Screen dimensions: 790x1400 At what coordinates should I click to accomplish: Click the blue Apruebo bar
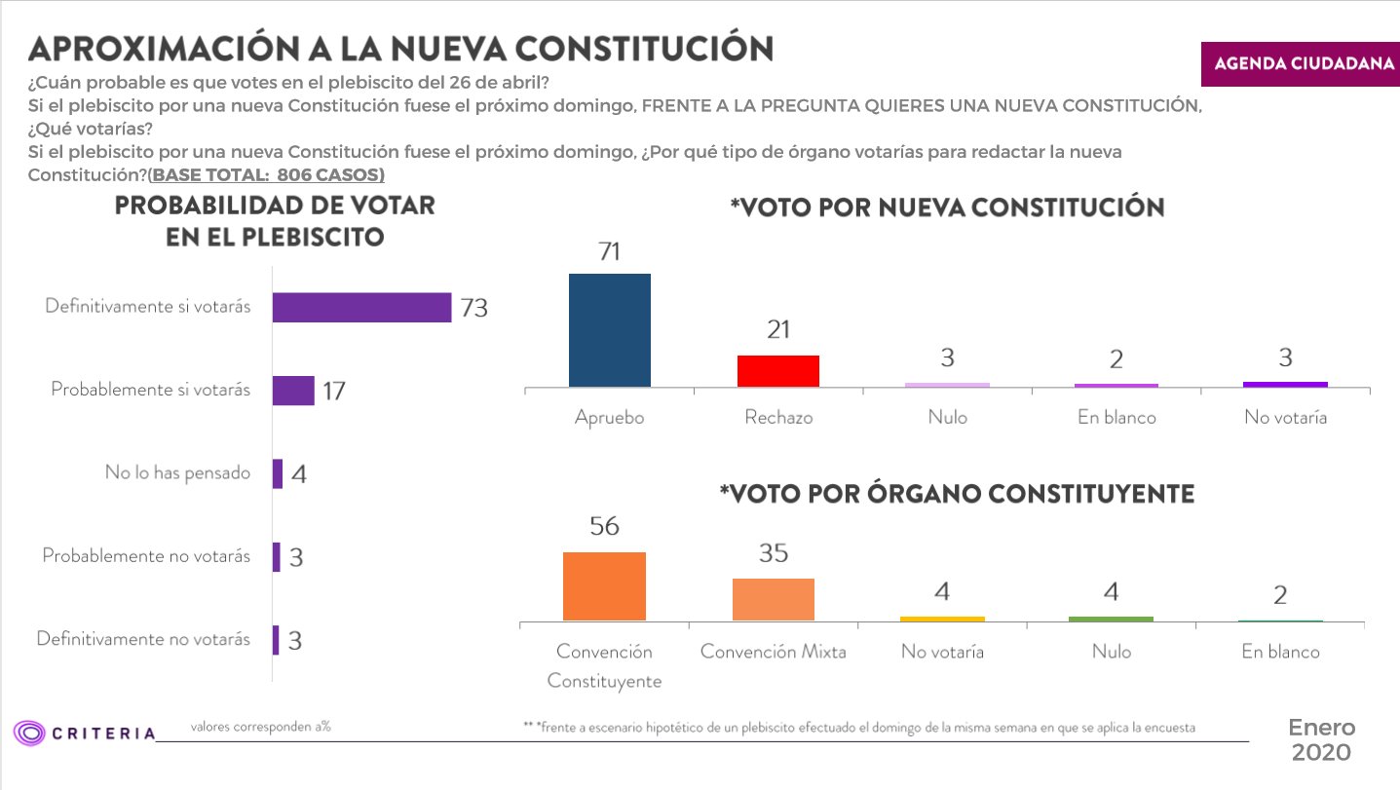click(x=610, y=330)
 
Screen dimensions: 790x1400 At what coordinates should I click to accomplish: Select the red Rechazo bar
click(x=778, y=371)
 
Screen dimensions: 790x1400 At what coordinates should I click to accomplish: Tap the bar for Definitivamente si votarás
click(x=361, y=307)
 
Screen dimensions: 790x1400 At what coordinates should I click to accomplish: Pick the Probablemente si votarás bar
click(x=293, y=391)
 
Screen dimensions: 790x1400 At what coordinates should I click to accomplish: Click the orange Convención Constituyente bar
click(x=604, y=586)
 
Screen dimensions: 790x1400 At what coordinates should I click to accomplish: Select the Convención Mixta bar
click(x=774, y=599)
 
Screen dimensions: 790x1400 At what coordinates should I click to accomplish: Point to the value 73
click(x=473, y=308)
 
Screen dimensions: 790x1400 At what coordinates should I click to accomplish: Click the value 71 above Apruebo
click(x=609, y=252)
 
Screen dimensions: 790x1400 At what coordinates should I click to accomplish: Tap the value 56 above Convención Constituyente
click(x=604, y=526)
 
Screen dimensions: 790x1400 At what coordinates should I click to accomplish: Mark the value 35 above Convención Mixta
click(x=774, y=553)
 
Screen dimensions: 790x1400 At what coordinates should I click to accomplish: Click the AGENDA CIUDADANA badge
click(x=1302, y=64)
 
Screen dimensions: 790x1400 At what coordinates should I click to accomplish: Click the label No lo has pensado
click(x=177, y=473)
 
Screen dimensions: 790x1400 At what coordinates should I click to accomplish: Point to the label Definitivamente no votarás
click(x=143, y=639)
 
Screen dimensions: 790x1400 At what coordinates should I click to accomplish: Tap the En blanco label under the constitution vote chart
click(x=1116, y=417)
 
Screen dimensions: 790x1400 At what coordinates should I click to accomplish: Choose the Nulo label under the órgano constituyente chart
click(x=1112, y=652)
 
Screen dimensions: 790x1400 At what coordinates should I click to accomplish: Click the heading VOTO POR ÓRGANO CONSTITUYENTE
click(x=956, y=494)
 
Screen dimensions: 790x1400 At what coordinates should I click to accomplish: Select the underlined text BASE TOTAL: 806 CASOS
click(x=266, y=175)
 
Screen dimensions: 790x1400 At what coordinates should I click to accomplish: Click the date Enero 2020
click(x=1321, y=740)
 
